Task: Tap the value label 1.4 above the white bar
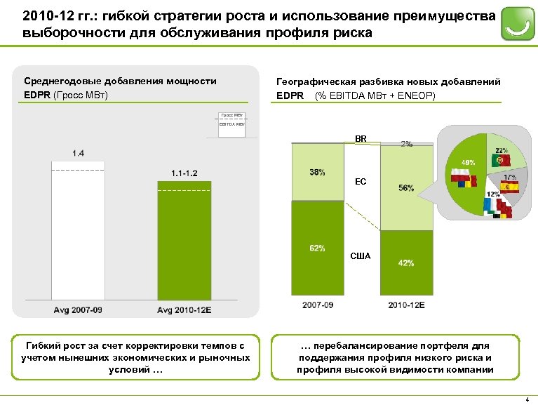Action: click(79, 152)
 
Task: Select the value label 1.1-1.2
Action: click(184, 173)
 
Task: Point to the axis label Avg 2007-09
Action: click(79, 310)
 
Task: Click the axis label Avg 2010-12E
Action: click(184, 310)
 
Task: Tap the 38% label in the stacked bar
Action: click(316, 173)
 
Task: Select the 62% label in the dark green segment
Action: click(316, 247)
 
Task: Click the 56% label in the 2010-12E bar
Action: click(405, 188)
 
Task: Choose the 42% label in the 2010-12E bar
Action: click(405, 263)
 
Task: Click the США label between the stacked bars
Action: click(361, 256)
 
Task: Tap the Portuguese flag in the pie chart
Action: click(502, 161)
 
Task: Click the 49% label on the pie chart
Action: click(467, 162)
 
